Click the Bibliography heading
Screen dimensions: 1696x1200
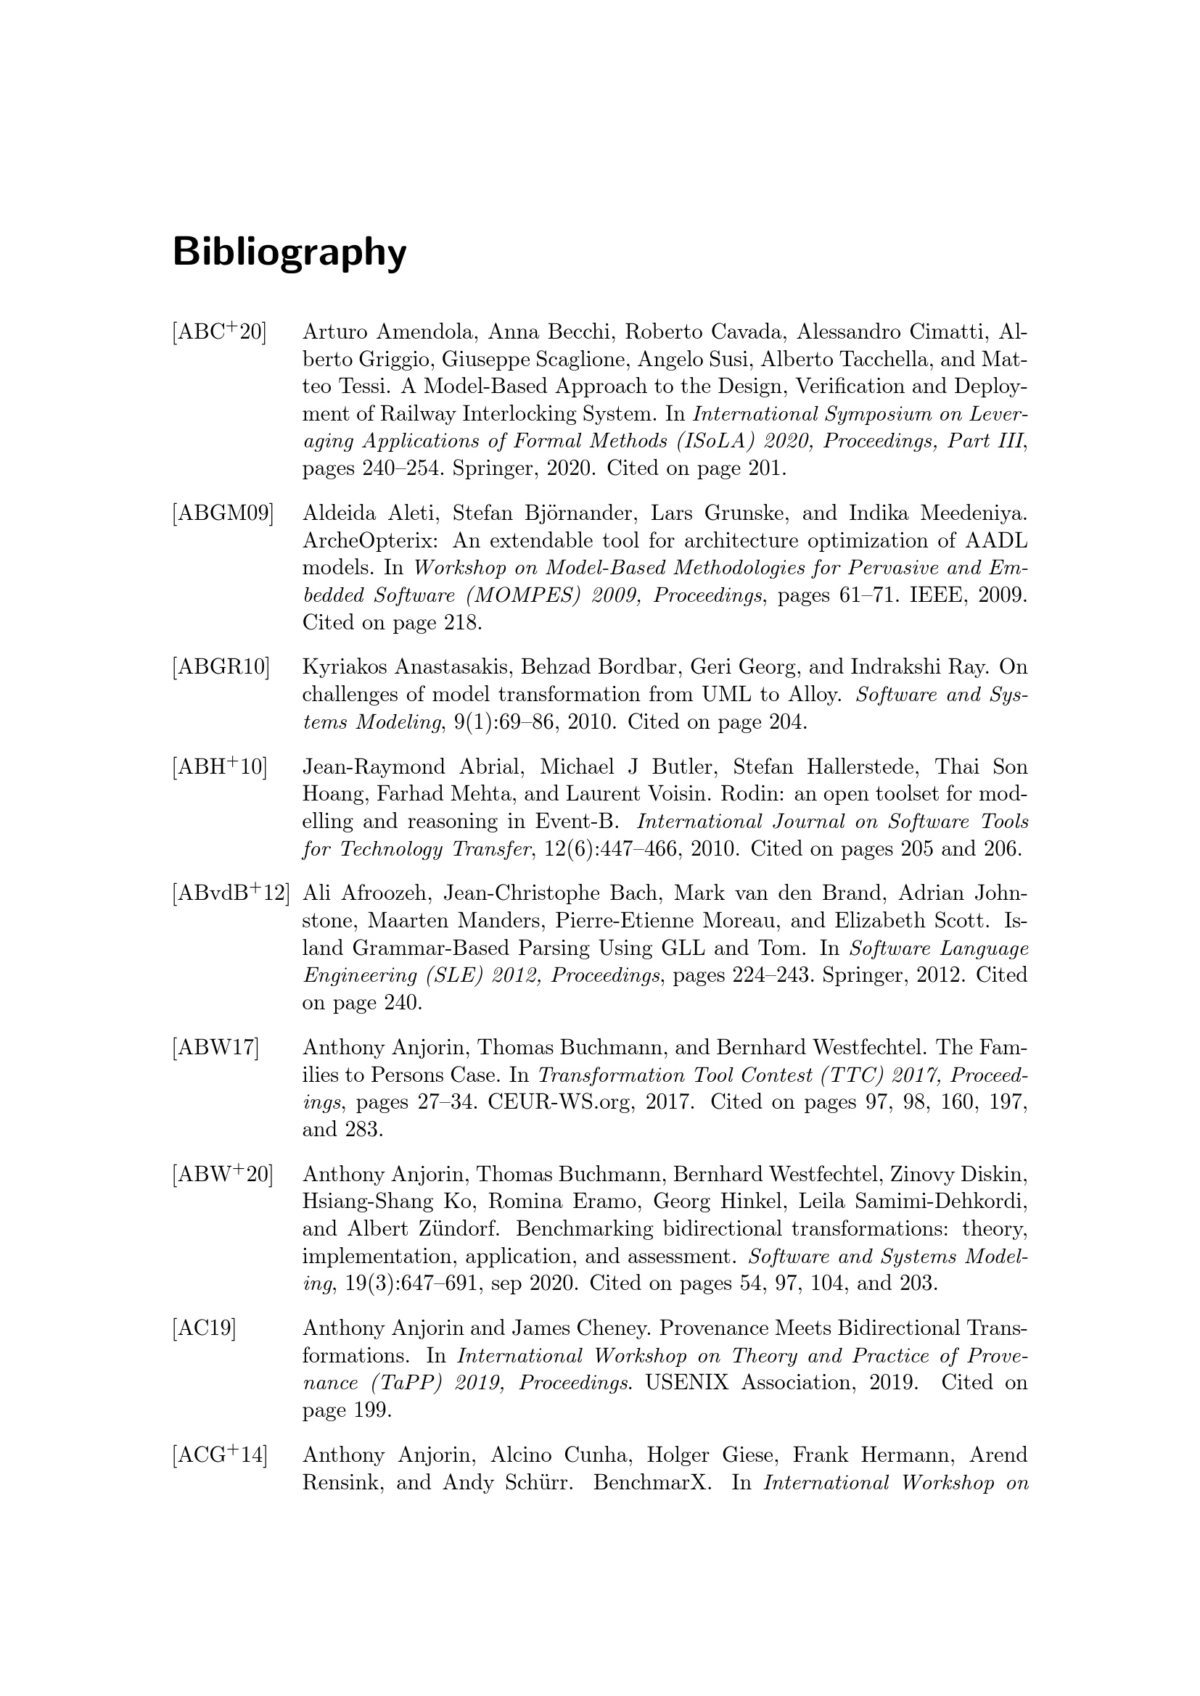coord(289,252)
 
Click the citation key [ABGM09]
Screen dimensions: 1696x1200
coord(223,513)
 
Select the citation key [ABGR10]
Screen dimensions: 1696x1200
coord(221,667)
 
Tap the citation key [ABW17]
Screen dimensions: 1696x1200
coord(215,1048)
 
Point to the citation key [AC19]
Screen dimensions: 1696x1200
coord(204,1329)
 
